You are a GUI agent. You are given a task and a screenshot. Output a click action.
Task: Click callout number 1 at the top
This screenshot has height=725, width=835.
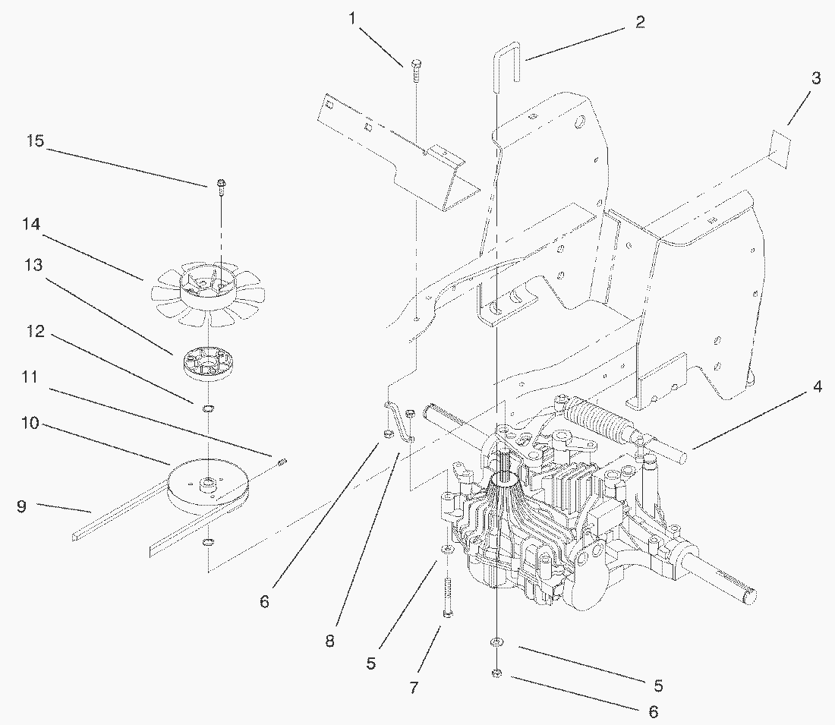[x=352, y=17]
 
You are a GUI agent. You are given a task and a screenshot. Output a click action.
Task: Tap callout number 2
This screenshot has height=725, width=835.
[x=640, y=22]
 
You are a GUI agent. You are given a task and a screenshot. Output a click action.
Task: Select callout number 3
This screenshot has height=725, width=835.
[x=815, y=77]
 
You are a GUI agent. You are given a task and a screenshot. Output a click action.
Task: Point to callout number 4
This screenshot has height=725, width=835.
[x=816, y=386]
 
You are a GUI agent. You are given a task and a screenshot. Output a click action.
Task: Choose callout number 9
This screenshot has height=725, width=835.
[x=21, y=506]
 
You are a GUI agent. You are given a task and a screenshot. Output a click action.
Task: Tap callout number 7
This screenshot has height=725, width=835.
[x=413, y=688]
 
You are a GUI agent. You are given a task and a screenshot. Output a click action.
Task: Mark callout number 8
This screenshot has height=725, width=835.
[x=329, y=641]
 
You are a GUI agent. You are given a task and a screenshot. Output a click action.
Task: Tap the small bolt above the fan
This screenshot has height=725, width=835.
[x=220, y=184]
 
